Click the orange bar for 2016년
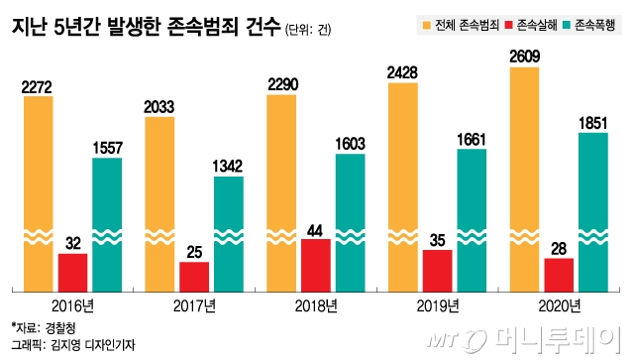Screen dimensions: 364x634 pos(38,188)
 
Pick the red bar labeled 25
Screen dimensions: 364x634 pos(194,277)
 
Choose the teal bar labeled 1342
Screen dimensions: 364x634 pos(229,233)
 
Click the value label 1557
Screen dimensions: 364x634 pos(107,148)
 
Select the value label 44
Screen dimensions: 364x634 pos(315,229)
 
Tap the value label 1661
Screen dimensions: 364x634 pos(472,140)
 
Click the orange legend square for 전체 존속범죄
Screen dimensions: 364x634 pos(426,23)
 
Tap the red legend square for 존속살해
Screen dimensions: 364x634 pos(509,23)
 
